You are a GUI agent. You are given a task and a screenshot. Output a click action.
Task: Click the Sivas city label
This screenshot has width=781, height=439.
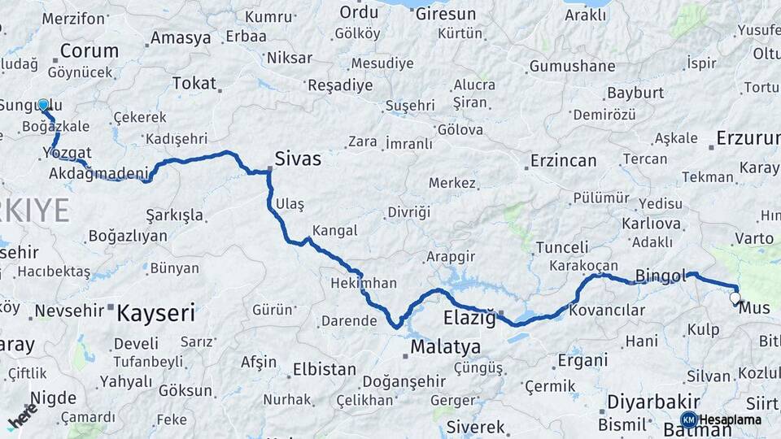(298, 159)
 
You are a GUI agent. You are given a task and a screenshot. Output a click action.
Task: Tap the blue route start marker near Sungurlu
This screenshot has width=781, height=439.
(43, 105)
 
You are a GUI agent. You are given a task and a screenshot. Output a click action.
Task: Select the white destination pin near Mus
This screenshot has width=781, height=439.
(735, 298)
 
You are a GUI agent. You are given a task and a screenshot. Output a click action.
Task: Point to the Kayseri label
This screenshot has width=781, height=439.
(156, 312)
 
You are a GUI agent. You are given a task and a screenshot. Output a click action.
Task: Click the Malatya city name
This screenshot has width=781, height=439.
(445, 347)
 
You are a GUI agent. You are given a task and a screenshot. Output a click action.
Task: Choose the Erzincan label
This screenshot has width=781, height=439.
(564, 160)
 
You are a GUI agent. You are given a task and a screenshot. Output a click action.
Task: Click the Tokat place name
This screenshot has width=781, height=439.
(194, 83)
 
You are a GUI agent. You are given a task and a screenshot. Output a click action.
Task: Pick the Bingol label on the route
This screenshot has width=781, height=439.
(661, 275)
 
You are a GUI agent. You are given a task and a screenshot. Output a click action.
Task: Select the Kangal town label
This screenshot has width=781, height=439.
(334, 230)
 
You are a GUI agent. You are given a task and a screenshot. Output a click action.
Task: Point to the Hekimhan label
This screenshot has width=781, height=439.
(364, 283)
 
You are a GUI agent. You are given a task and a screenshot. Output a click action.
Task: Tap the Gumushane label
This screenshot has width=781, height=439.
(572, 67)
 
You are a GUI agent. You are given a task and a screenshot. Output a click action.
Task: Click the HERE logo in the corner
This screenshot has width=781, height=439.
(22, 417)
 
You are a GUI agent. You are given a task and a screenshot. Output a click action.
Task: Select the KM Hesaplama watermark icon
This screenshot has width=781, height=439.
(688, 419)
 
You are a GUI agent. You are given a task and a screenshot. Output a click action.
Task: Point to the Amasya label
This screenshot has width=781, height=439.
(181, 37)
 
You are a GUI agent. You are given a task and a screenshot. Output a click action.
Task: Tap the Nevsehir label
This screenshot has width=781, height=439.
(70, 310)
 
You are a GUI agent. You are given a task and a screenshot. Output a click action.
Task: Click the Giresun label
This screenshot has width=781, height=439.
(445, 14)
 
